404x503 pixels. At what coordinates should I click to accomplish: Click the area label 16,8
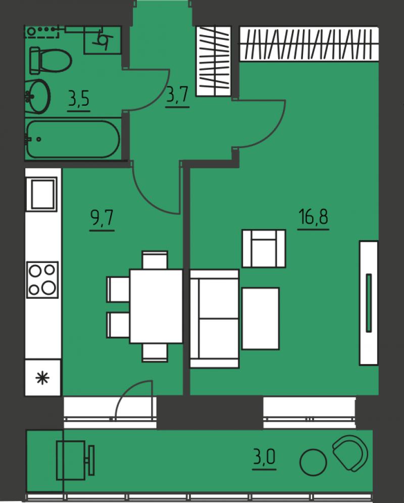click(x=313, y=218)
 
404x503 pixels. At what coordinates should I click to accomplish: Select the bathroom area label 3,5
click(x=79, y=99)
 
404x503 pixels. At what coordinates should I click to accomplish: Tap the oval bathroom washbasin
click(x=38, y=95)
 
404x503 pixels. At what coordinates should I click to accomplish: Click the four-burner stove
click(x=42, y=280)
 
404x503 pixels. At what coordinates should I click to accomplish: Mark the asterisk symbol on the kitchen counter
click(x=43, y=378)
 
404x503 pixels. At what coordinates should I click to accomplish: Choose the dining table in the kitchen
click(x=156, y=306)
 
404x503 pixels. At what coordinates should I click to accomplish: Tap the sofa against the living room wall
click(x=214, y=318)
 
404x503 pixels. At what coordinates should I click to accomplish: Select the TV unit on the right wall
click(x=369, y=302)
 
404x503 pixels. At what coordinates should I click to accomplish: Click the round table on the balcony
click(x=314, y=462)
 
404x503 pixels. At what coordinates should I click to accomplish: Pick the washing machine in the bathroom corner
click(x=103, y=39)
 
